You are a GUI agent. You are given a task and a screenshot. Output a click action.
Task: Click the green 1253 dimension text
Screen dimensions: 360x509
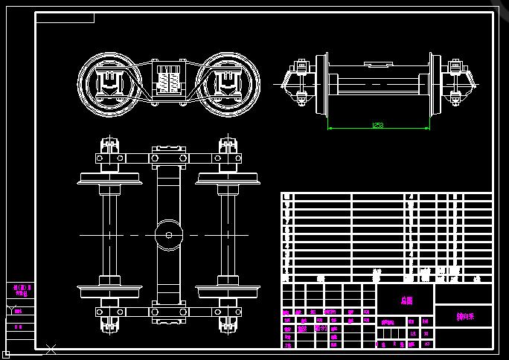point(378,126)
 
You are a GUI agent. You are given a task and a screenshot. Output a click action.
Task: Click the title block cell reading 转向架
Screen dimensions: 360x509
point(465,316)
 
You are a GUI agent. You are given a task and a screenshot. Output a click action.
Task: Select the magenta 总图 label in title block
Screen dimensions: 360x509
point(406,300)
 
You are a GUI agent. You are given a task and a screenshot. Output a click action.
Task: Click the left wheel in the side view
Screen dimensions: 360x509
point(109,84)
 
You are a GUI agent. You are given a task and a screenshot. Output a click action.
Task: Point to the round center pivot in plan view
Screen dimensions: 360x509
point(169,235)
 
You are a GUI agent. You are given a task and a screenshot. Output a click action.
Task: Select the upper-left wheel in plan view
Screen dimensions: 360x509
point(110,179)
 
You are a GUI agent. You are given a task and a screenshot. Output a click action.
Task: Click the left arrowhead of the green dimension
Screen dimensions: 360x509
point(329,128)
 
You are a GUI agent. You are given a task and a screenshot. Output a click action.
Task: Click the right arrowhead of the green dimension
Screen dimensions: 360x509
point(429,128)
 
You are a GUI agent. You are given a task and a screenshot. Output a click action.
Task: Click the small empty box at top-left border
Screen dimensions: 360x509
point(65,18)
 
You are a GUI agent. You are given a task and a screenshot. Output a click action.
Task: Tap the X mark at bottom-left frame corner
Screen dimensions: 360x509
point(51,348)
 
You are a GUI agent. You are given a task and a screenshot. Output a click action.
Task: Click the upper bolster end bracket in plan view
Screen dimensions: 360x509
point(169,157)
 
